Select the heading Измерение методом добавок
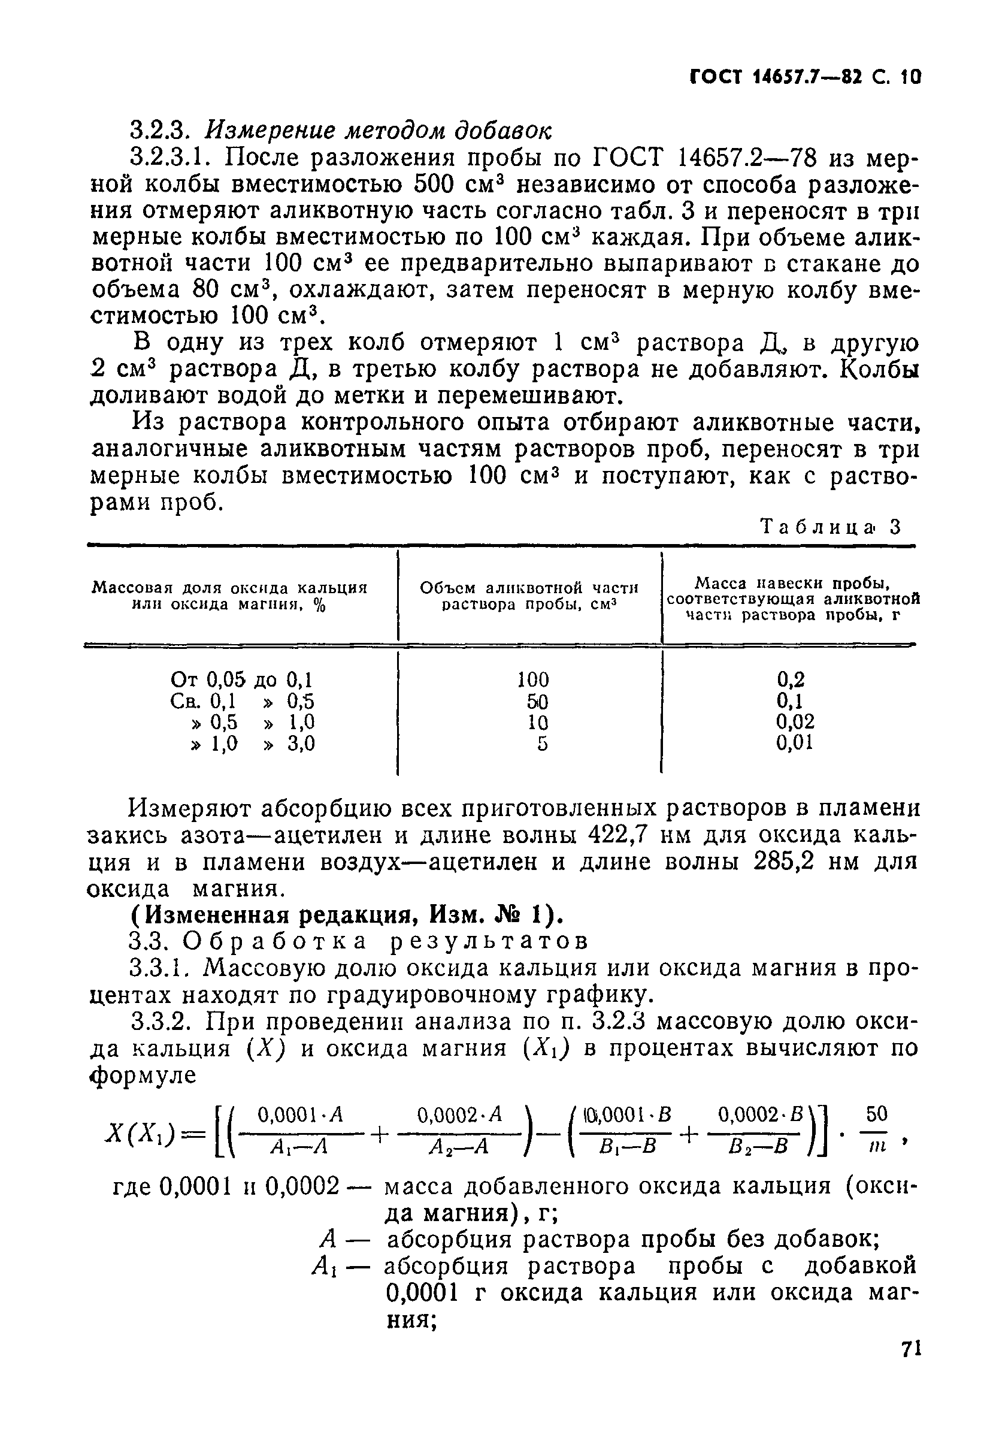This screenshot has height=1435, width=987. coord(377,131)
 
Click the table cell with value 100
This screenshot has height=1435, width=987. coord(532,681)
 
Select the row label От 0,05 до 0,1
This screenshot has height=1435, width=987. coord(242,681)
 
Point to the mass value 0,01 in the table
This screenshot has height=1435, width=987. coord(794,743)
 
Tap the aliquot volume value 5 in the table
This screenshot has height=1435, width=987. coord(542,744)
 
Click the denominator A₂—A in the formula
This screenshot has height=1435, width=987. coord(459,1148)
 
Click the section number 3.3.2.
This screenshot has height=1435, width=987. coord(164,1021)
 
